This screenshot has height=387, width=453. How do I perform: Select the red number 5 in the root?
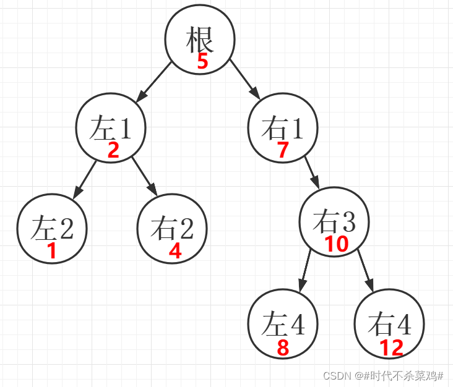click(202, 62)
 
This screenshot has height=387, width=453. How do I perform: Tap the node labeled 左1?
click(111, 128)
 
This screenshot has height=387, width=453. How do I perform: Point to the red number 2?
click(113, 150)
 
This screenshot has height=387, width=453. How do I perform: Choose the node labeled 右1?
click(283, 128)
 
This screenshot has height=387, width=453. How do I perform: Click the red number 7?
click(283, 150)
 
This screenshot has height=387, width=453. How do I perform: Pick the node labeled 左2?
click(52, 228)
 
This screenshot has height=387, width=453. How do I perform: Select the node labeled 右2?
click(172, 228)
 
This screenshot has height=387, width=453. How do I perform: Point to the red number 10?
click(337, 244)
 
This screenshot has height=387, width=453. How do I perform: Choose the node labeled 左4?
click(283, 323)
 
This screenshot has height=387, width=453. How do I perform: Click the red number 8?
click(283, 348)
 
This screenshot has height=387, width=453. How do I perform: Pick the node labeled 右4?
click(389, 323)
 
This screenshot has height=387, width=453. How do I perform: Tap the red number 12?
click(391, 348)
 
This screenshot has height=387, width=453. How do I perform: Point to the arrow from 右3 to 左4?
click(305, 270)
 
